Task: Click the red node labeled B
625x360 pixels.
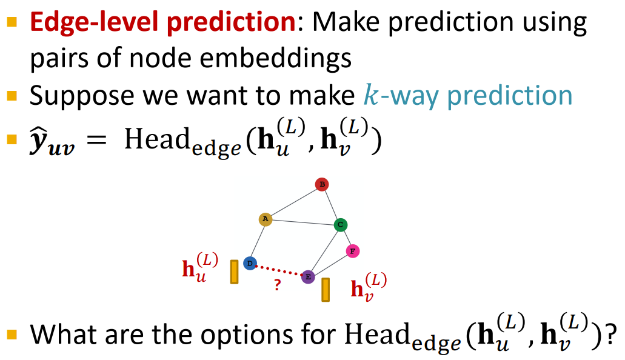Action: click(x=322, y=184)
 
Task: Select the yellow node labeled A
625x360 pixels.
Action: click(x=265, y=219)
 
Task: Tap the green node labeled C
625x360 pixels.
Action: click(x=341, y=225)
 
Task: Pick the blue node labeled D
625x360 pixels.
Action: click(x=250, y=263)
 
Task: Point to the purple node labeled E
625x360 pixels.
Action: click(x=308, y=277)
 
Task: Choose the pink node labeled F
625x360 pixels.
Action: click(x=353, y=250)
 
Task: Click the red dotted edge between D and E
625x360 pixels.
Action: click(x=279, y=270)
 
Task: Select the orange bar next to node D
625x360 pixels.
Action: click(x=234, y=272)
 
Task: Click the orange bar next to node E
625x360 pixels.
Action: click(x=326, y=290)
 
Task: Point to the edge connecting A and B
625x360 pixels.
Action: click(x=293, y=202)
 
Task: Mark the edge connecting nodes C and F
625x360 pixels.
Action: click(x=347, y=238)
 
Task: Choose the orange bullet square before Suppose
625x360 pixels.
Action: click(x=12, y=95)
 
